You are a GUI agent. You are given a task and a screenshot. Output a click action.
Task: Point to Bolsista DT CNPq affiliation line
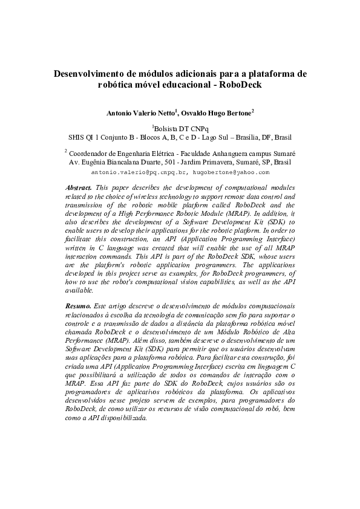[180, 129]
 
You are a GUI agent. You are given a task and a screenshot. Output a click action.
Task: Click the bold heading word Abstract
[79, 189]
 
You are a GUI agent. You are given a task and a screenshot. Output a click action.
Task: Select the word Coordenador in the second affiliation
[90, 154]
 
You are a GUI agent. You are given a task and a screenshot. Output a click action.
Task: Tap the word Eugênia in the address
[96, 163]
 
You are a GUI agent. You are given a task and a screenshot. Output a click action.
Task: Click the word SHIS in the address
[78, 137]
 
